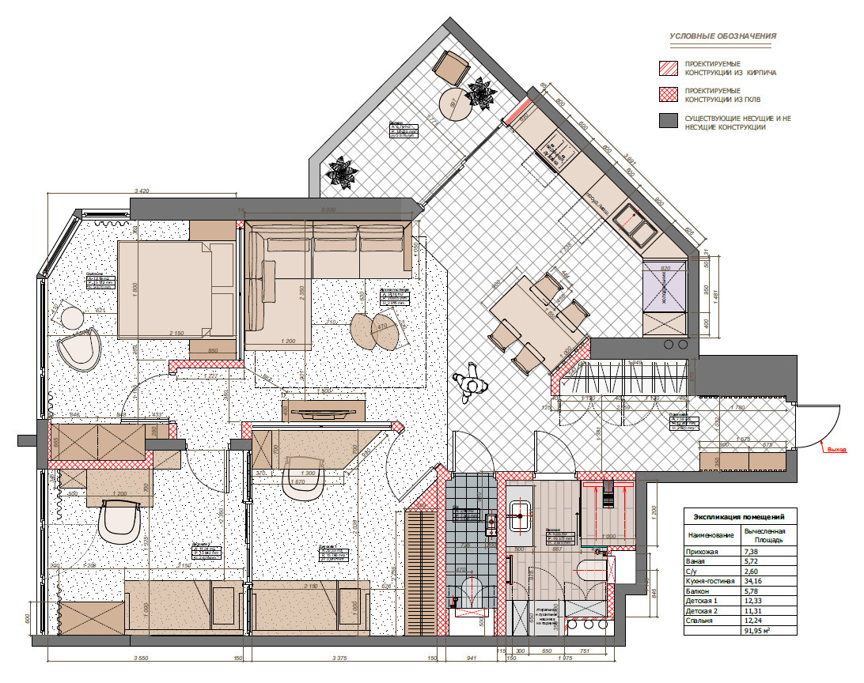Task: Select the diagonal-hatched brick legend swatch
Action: [669, 68]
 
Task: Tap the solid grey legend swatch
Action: [669, 121]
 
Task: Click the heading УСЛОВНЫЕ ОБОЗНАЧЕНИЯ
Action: [722, 36]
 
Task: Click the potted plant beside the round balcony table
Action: [480, 95]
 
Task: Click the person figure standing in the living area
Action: [472, 383]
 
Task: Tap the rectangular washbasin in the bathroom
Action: [520, 515]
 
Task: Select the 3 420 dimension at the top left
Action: [143, 191]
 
